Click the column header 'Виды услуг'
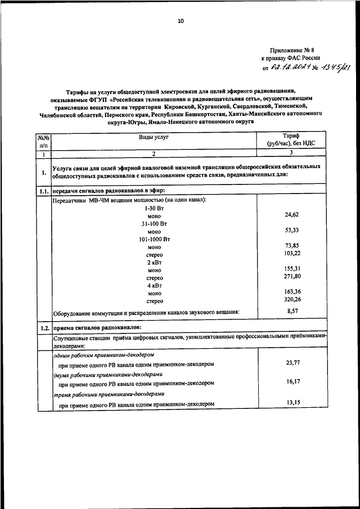154,137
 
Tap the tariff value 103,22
291,254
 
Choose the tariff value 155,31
291,269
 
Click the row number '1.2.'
43,328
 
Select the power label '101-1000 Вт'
154,239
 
